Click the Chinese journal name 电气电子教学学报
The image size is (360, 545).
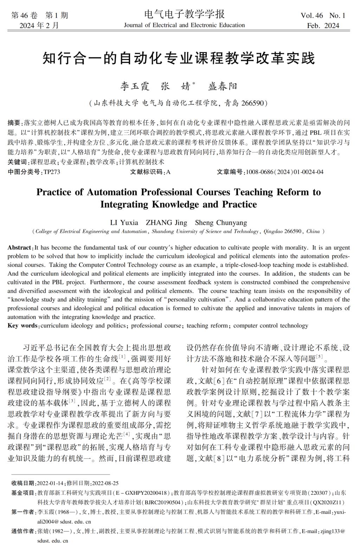[184, 14]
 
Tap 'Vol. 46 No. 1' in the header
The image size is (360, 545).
[323, 15]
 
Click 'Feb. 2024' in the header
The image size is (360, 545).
[323, 25]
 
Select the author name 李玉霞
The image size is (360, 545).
[135, 86]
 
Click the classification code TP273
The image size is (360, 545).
[51, 172]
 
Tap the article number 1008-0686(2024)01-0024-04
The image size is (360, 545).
[284, 172]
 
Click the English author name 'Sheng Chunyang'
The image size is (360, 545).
[221, 223]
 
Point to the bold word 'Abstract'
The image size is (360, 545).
[20, 248]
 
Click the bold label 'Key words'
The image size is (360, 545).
[22, 326]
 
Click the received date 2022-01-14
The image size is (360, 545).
[51, 483]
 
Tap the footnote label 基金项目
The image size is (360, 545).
[23, 493]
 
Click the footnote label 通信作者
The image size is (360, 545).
[23, 531]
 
